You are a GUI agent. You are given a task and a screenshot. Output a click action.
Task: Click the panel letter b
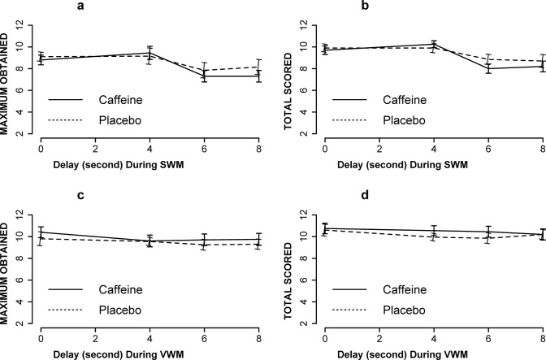pyautogui.click(x=420, y=7)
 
